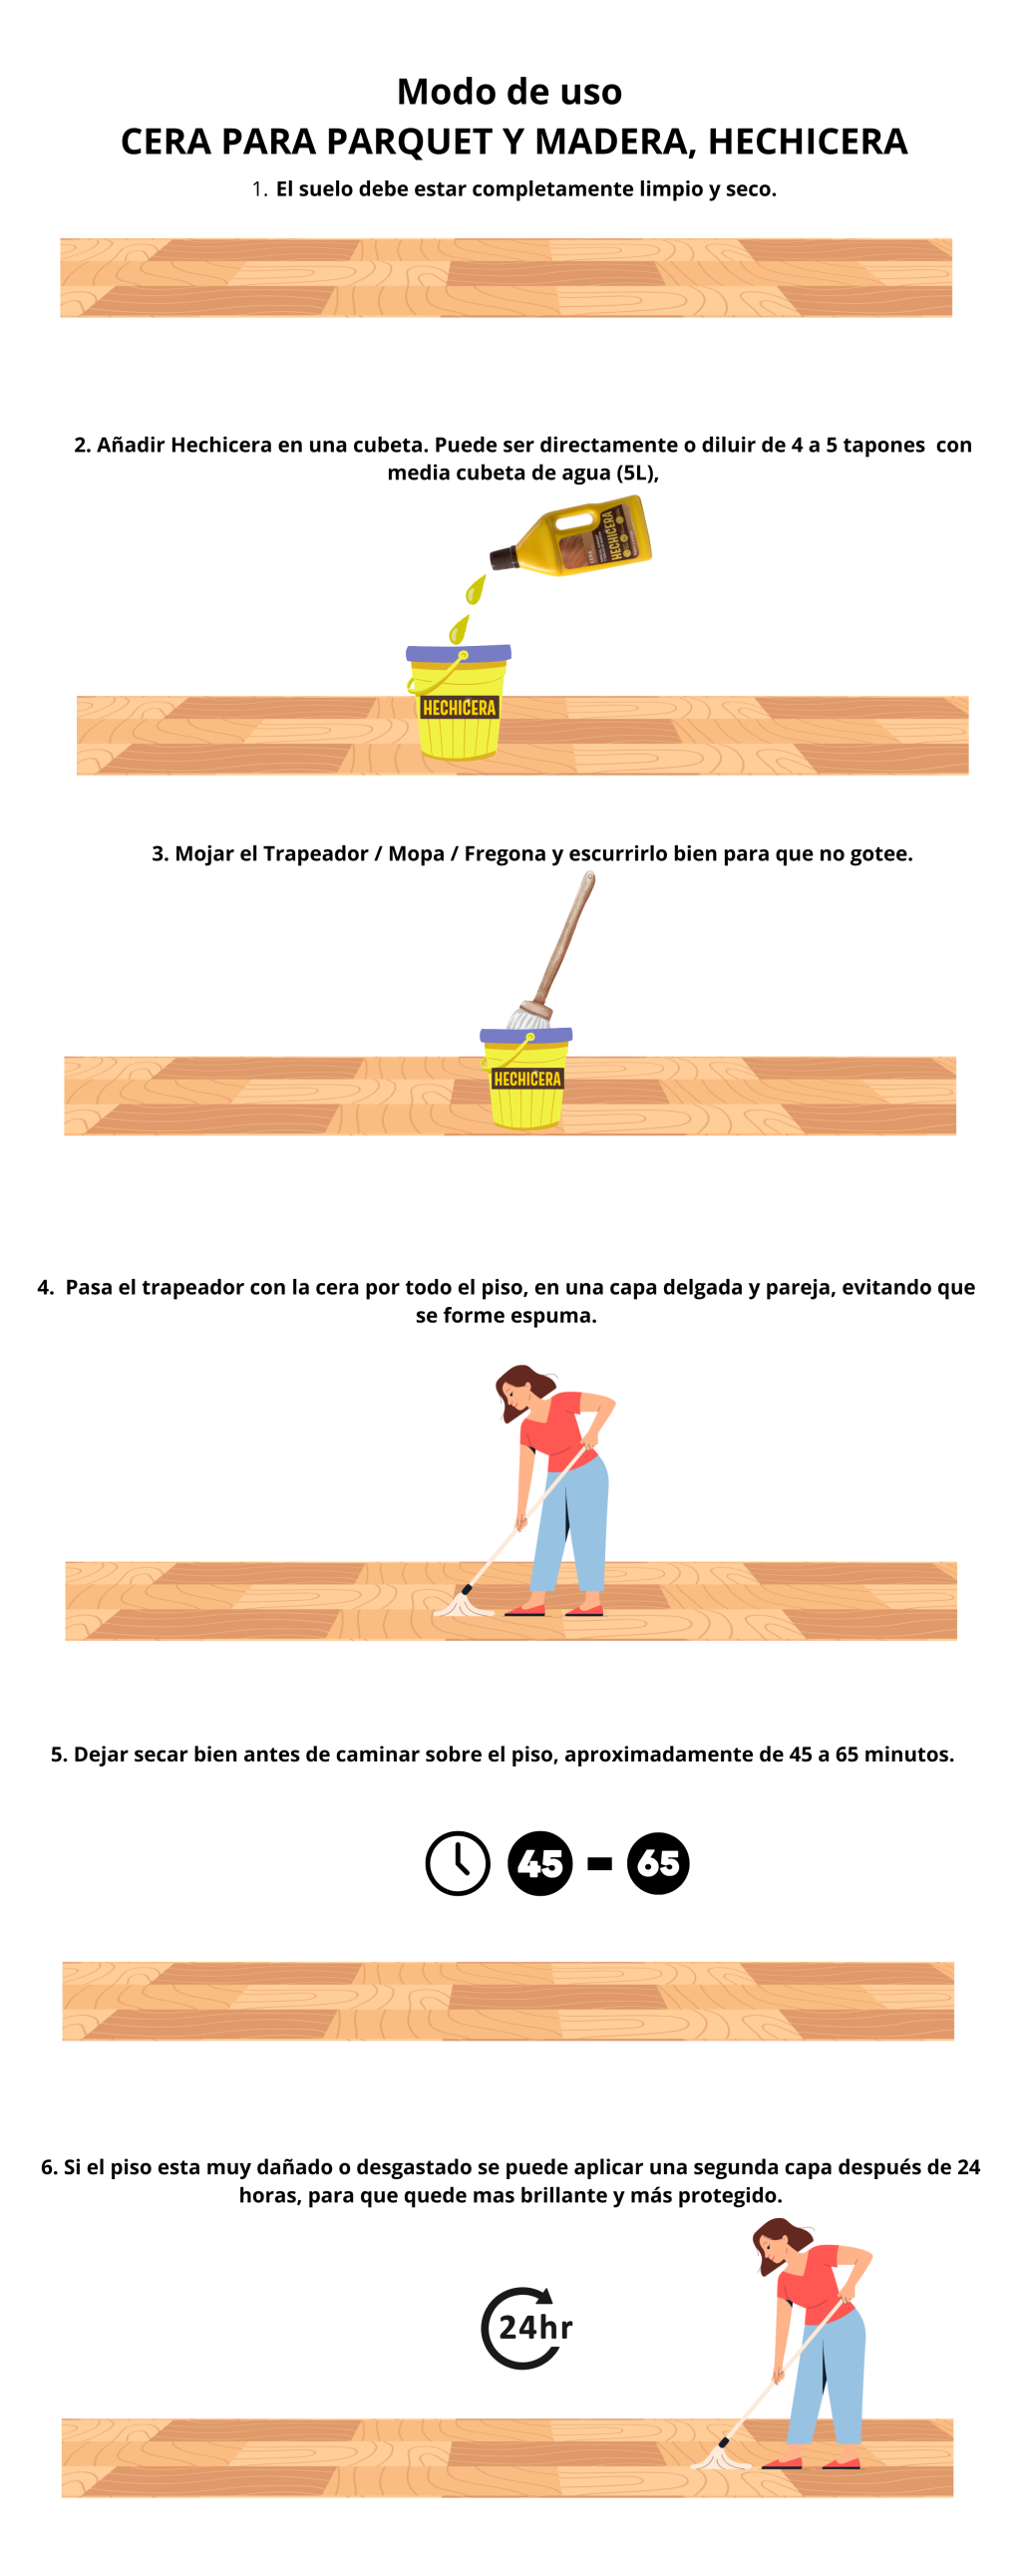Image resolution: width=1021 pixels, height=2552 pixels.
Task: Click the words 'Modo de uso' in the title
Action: [x=510, y=92]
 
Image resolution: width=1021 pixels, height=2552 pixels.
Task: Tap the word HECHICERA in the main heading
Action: [x=808, y=142]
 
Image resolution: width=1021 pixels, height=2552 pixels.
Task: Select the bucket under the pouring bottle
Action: [x=459, y=703]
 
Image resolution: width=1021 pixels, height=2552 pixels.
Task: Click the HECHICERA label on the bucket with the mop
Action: [x=527, y=1079]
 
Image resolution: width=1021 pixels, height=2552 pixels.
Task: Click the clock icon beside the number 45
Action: [x=458, y=1863]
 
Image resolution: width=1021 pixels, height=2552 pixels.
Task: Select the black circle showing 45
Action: [x=540, y=1863]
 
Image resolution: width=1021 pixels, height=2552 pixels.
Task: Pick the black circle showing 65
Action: [x=658, y=1863]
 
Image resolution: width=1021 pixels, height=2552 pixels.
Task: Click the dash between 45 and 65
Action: [x=600, y=1864]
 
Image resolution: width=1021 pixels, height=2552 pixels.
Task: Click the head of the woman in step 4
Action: [x=522, y=1392]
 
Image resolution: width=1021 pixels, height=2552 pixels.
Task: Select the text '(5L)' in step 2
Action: [x=636, y=474]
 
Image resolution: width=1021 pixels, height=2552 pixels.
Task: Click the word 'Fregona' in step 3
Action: [x=505, y=853]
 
